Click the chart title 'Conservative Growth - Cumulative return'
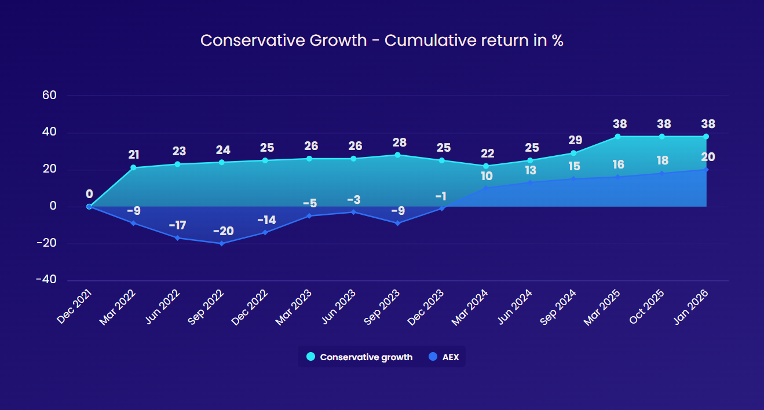[x=382, y=41]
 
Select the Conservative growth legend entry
[x=360, y=357]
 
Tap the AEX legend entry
[x=444, y=357]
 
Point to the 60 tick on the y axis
[x=49, y=96]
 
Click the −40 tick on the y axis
[x=46, y=280]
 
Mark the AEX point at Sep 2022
[x=221, y=243]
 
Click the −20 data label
[x=223, y=231]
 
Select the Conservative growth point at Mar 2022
[x=133, y=167]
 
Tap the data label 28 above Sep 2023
[x=399, y=142]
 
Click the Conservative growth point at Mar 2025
[x=617, y=137]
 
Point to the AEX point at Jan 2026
[x=705, y=170]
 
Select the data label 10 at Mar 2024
[x=487, y=176]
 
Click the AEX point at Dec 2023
[x=441, y=208]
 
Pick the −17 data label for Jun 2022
[x=177, y=225]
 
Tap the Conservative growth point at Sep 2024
[x=573, y=153]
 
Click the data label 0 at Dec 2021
[x=89, y=194]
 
